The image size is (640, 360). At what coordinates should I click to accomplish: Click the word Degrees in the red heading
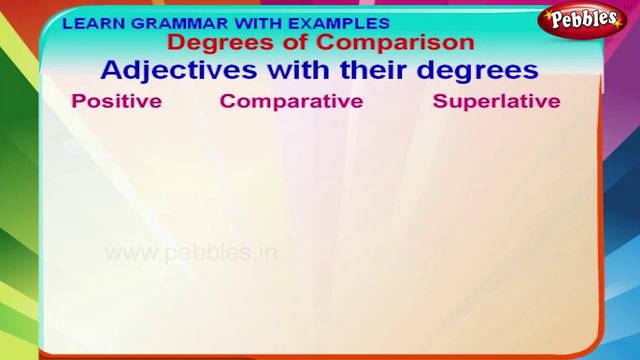(210, 43)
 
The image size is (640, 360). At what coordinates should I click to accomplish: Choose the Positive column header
(117, 102)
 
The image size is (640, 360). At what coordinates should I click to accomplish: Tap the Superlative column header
(496, 102)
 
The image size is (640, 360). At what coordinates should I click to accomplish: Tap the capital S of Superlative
(439, 102)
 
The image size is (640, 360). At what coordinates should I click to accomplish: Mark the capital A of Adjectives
(113, 71)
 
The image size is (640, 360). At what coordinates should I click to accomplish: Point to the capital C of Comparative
(227, 102)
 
